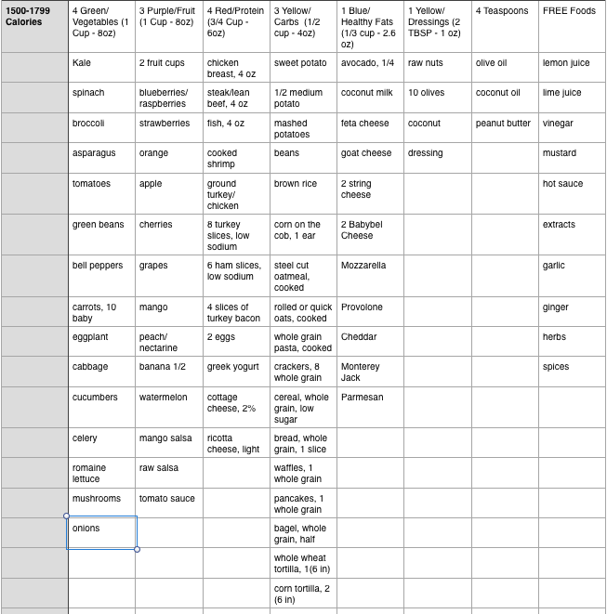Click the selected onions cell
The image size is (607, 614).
102,532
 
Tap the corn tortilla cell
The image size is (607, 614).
302,594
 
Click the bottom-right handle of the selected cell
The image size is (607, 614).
138,549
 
